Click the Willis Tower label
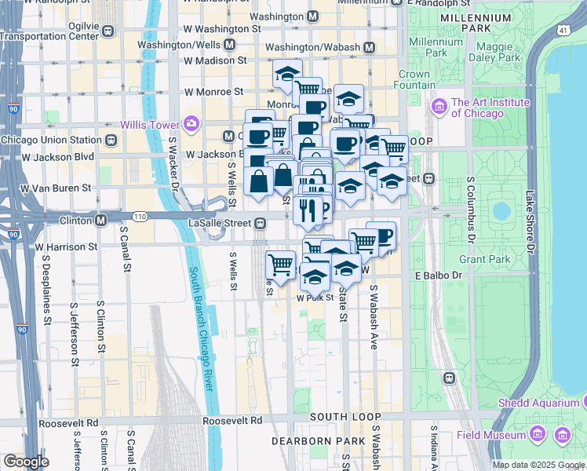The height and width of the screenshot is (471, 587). [x=149, y=124]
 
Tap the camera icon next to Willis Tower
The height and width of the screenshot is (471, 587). [x=191, y=123]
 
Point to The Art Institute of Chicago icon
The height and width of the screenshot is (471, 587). [x=439, y=106]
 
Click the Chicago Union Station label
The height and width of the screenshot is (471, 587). [x=52, y=141]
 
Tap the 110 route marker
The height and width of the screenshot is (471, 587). [x=140, y=216]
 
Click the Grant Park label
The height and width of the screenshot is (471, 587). [x=484, y=259]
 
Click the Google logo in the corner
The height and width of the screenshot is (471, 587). [x=26, y=461]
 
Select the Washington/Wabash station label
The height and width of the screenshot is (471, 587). [x=315, y=47]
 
